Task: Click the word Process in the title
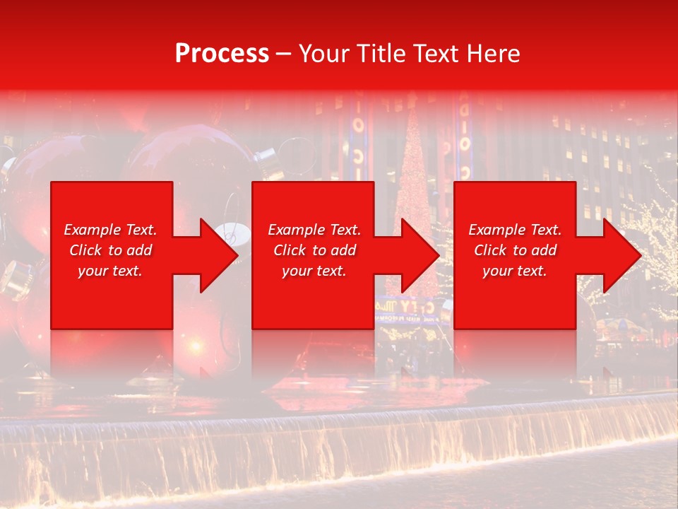(222, 54)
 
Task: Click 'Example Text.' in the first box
(110, 230)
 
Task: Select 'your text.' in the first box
(110, 271)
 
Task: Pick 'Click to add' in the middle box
(314, 250)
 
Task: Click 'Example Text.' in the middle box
(314, 230)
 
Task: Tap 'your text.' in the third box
(515, 271)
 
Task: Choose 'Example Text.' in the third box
(515, 230)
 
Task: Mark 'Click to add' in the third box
(515, 250)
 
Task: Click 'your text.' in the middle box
(314, 271)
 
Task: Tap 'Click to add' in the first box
(110, 250)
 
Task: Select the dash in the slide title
(283, 54)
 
